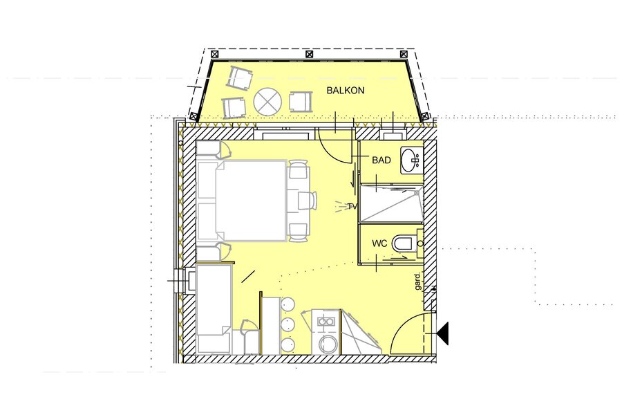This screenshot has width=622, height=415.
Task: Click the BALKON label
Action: (x=345, y=91)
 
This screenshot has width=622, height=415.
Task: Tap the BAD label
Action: (x=381, y=160)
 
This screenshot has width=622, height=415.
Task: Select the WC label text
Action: (x=379, y=243)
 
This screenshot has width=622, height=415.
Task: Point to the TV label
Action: (x=352, y=207)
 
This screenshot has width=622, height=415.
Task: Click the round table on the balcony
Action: (x=267, y=102)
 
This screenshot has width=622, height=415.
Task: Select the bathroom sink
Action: (x=412, y=160)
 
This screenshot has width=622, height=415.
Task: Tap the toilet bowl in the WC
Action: (x=403, y=243)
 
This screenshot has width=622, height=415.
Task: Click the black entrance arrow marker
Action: (x=443, y=333)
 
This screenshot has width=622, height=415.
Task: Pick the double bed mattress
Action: (x=250, y=201)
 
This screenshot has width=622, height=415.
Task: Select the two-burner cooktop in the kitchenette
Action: (x=326, y=321)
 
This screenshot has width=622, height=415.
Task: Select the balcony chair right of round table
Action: (x=301, y=102)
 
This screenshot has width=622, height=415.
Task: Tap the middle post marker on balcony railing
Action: (x=310, y=55)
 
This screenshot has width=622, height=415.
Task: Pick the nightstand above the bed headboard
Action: (x=209, y=149)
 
